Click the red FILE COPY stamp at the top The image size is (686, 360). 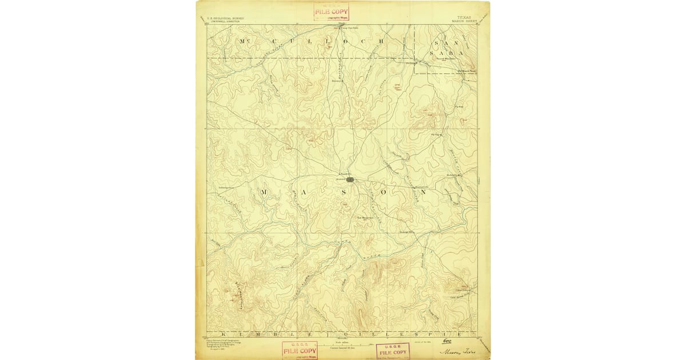coord(331,11)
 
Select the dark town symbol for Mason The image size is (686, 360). coord(350,180)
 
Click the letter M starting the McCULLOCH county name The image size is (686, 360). coord(245,41)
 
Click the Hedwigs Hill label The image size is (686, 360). coord(406,232)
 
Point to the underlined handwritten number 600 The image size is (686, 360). coord(447,341)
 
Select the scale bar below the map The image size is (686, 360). coord(342,342)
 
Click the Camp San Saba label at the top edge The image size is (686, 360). coord(346,27)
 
